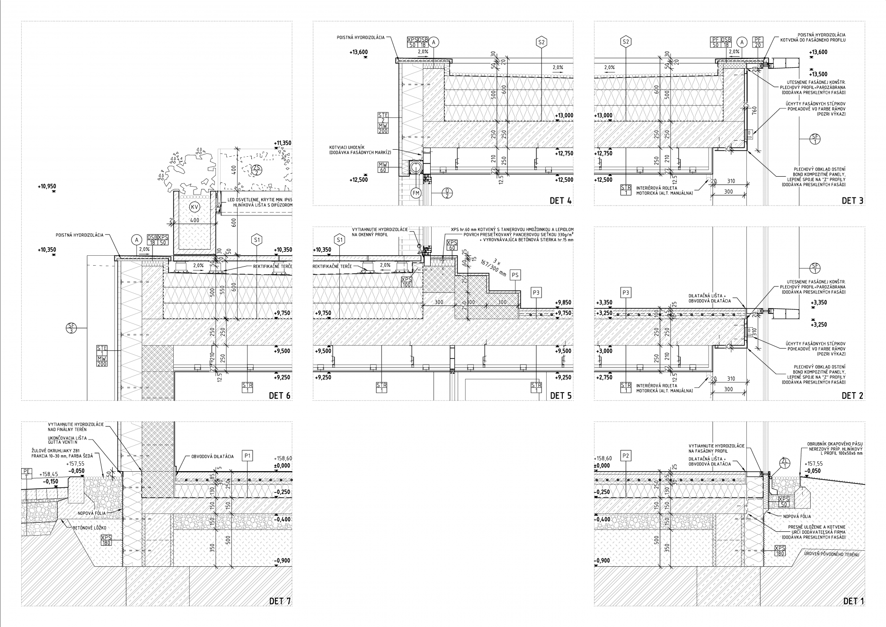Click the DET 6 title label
[280, 395]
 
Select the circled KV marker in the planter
[194, 207]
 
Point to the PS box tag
[515, 275]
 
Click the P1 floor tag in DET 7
[248, 456]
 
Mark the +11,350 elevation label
[283, 143]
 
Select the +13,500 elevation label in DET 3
[818, 74]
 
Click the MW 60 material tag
[383, 167]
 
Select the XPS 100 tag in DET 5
[406, 282]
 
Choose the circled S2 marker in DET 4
[542, 42]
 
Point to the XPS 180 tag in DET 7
[106, 540]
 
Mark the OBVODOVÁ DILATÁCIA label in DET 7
[213, 457]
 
